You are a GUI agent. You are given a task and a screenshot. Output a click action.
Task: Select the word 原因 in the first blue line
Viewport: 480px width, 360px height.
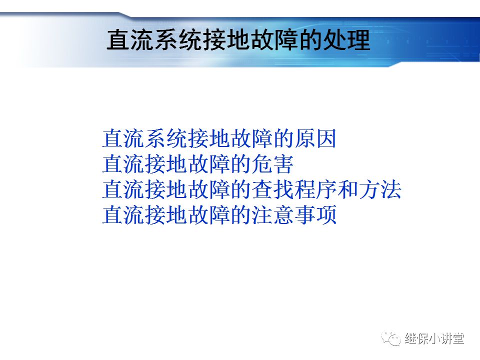[x=315, y=139]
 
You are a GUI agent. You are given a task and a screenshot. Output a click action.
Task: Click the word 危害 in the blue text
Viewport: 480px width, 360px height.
[x=272, y=164]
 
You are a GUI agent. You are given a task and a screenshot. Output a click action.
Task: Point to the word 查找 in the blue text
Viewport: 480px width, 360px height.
[x=272, y=190]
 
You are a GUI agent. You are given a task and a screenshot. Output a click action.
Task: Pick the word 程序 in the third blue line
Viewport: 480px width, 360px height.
[x=315, y=190]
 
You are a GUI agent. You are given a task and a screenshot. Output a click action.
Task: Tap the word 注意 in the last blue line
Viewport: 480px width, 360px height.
[x=272, y=216]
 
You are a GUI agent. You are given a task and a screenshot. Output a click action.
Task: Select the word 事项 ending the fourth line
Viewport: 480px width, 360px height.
[x=315, y=216]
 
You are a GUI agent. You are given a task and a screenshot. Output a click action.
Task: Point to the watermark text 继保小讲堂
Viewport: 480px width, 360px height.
[x=434, y=338]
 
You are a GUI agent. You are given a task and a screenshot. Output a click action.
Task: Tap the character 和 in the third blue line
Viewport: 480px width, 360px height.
[x=348, y=190]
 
